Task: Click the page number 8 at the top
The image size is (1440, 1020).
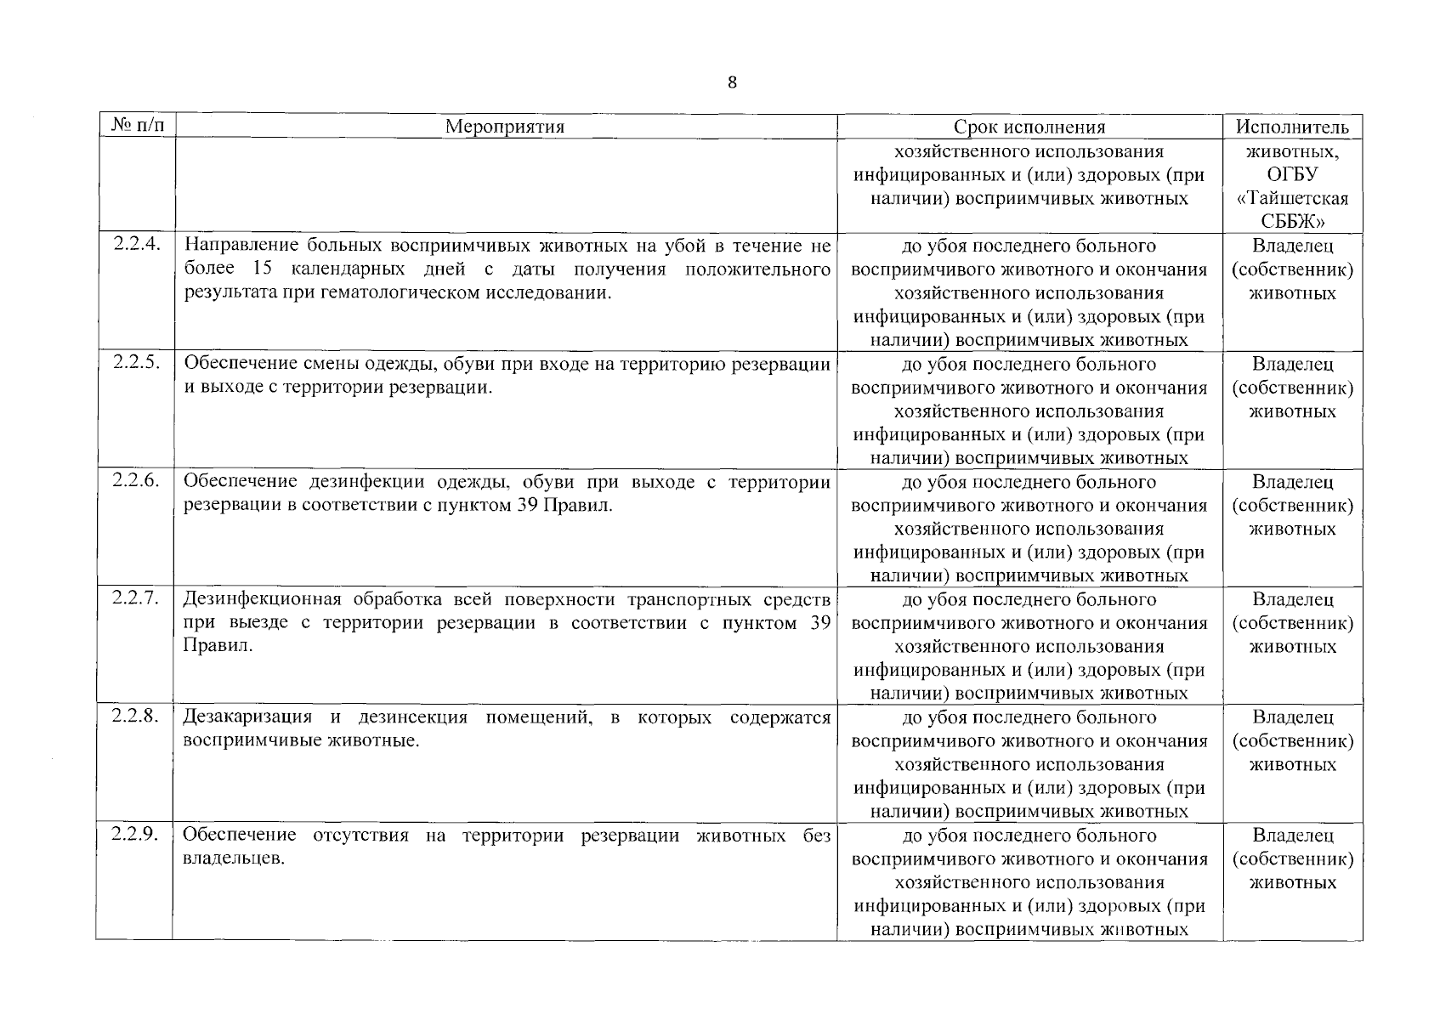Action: click(732, 82)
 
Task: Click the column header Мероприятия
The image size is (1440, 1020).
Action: click(505, 127)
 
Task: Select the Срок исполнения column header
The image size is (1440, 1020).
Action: click(1029, 127)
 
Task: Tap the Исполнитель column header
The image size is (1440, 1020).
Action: click(1292, 127)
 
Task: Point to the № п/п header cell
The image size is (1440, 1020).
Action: click(135, 127)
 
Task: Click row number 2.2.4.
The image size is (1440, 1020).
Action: click(135, 245)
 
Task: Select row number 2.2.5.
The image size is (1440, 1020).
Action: click(135, 363)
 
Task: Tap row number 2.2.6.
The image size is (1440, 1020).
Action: click(135, 480)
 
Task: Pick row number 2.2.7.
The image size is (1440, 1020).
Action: click(135, 598)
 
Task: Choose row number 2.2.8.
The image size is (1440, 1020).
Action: click(135, 717)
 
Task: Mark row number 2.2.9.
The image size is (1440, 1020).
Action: click(135, 835)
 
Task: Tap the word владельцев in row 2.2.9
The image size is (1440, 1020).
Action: click(232, 859)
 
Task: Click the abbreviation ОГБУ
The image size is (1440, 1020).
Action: click(1292, 175)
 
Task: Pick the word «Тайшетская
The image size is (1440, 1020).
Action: click(1292, 199)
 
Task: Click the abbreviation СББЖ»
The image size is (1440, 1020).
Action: click(1292, 222)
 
